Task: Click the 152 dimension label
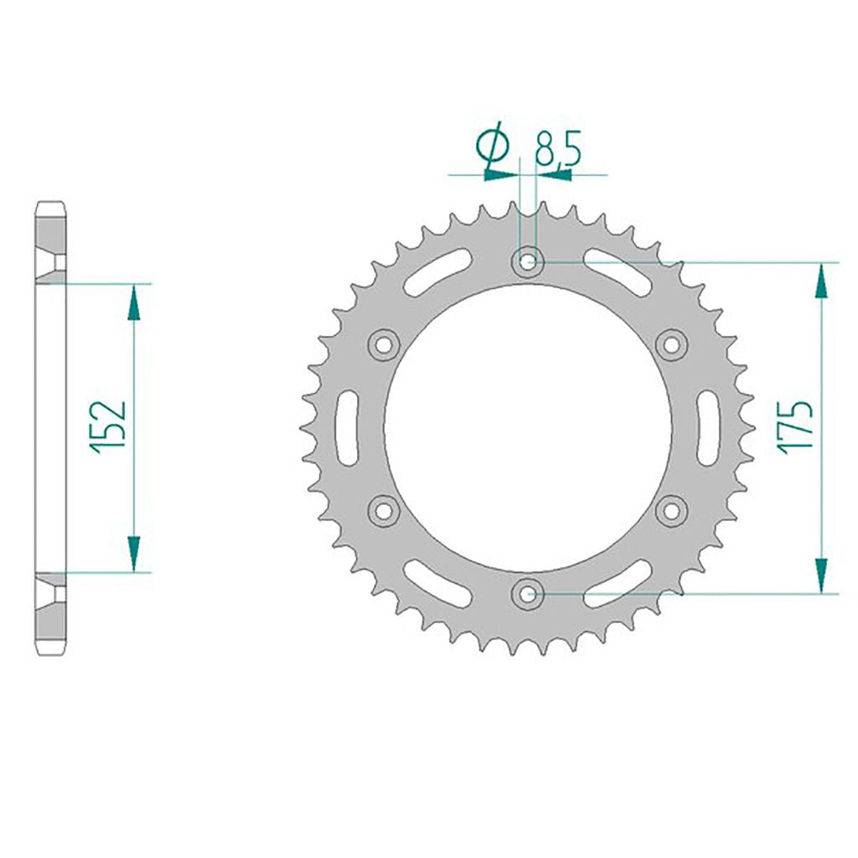coord(109,427)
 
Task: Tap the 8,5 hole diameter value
coord(558,147)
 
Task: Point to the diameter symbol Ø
coord(493,144)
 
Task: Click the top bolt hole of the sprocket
coord(528,262)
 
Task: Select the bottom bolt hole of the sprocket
coord(528,593)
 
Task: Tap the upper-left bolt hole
coord(384,344)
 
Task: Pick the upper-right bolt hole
coord(671,344)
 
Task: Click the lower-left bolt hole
coord(384,510)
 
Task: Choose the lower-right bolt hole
coord(671,510)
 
